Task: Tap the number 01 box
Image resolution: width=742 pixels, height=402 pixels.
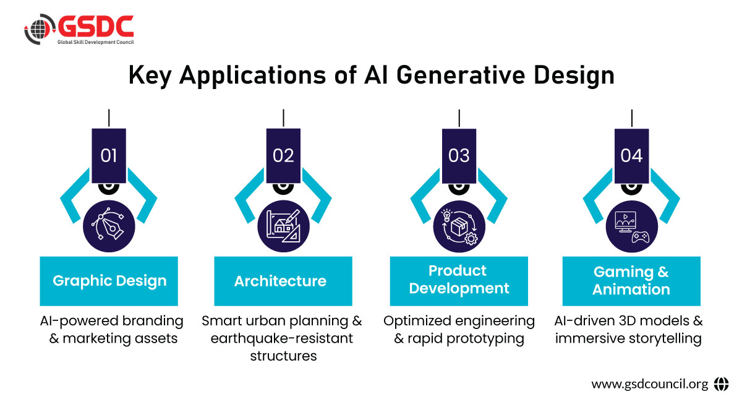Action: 108,155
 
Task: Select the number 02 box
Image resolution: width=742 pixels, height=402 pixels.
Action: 283,155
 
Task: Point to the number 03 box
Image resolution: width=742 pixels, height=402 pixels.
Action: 459,155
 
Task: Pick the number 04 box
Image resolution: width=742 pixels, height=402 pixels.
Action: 632,155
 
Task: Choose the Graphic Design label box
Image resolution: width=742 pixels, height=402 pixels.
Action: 109,281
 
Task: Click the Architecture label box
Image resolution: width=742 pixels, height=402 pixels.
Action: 283,281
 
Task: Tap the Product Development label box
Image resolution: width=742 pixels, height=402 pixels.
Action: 459,281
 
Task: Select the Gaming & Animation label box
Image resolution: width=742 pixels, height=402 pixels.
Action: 631,281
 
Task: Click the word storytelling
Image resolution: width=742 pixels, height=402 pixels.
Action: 663,339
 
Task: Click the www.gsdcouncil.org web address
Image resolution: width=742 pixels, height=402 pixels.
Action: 649,384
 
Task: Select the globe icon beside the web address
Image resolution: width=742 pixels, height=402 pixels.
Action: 721,384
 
